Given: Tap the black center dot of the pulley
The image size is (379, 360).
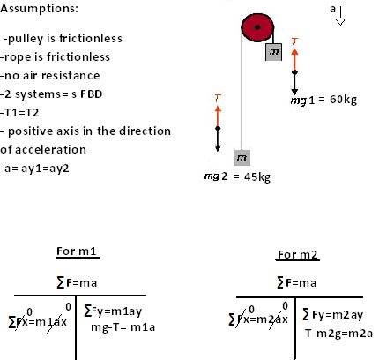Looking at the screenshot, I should (255, 28).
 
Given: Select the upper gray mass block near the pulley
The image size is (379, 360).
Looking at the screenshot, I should (273, 53).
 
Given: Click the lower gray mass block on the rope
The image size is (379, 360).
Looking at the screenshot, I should (241, 157).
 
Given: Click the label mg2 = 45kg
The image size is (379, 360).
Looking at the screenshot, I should (237, 176).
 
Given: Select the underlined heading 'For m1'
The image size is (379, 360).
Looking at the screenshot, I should (78, 252).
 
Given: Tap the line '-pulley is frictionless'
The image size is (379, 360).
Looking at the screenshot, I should (63, 39).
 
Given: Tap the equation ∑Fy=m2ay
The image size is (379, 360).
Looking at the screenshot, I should (336, 315).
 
